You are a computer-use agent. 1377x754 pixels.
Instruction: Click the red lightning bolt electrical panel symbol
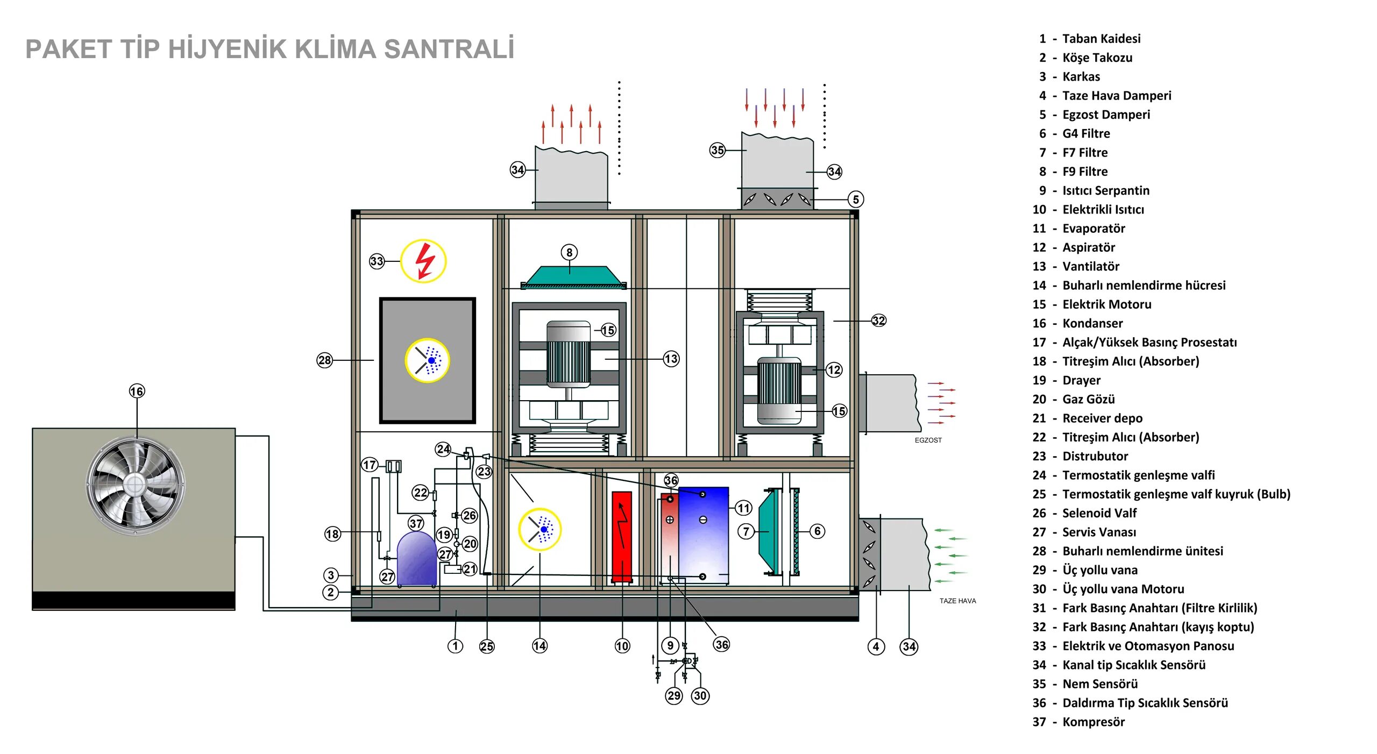tap(424, 261)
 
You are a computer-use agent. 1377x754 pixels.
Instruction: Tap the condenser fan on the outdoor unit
tap(135, 485)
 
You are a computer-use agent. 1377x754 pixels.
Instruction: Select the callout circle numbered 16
tap(137, 391)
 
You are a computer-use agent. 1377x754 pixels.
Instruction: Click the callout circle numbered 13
tap(671, 359)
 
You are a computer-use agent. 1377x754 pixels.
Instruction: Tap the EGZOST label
tap(928, 440)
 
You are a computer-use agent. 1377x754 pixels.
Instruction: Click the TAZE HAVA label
tap(957, 601)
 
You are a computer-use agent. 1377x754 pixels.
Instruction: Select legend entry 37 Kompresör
tap(1078, 722)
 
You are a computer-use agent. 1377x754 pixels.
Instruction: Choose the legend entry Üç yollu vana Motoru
tap(1108, 589)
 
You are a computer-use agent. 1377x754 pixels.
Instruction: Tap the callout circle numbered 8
tap(569, 252)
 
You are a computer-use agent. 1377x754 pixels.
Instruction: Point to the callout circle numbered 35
tap(717, 150)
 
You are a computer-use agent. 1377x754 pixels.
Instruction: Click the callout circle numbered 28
tap(324, 360)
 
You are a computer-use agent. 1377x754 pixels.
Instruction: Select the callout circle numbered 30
tap(700, 695)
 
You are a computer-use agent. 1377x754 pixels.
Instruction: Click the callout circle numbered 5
tap(856, 200)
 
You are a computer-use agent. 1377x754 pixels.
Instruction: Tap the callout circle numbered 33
tap(377, 261)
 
